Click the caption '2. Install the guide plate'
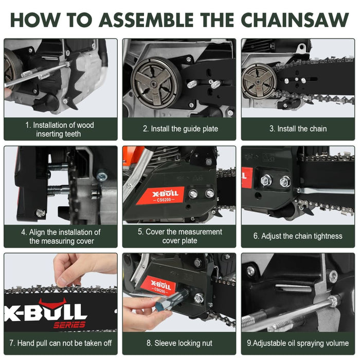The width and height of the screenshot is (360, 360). (x=180, y=129)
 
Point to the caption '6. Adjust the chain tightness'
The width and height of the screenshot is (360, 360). (x=298, y=236)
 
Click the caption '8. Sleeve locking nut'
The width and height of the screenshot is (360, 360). (x=179, y=343)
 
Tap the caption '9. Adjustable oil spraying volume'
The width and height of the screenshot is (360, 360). (x=298, y=343)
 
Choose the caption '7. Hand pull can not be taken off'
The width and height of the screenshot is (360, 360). (x=61, y=343)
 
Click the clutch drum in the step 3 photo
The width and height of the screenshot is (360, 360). (x=258, y=80)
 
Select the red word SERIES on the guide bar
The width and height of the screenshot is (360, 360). (x=70, y=325)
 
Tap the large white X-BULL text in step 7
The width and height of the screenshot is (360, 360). (x=46, y=312)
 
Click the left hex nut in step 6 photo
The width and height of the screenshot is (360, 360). (x=266, y=181)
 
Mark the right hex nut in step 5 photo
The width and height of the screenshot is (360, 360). (x=210, y=194)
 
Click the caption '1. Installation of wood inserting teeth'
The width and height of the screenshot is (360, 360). (x=61, y=129)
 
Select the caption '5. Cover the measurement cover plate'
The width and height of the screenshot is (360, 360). (x=179, y=236)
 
